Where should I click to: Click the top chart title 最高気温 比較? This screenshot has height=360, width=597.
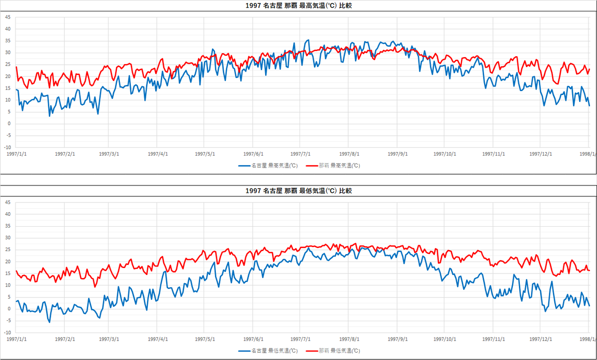click(298, 6)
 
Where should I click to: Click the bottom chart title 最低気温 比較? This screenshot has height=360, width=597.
click(298, 191)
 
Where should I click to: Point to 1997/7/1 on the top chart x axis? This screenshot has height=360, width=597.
click(300, 154)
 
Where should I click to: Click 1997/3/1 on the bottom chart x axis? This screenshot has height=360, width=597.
click(108, 339)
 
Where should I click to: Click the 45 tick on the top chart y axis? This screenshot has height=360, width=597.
click(7, 17)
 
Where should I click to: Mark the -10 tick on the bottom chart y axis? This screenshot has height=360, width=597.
click(7, 333)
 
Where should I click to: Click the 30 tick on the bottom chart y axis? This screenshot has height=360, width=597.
click(7, 238)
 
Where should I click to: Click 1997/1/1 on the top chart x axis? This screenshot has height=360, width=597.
click(16, 154)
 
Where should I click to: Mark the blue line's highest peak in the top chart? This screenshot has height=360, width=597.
click(308, 40)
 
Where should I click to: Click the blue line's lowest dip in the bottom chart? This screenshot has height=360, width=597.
click(49, 322)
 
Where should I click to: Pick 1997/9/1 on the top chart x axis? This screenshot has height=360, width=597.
click(398, 154)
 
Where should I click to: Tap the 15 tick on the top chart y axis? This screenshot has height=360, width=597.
click(7, 88)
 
